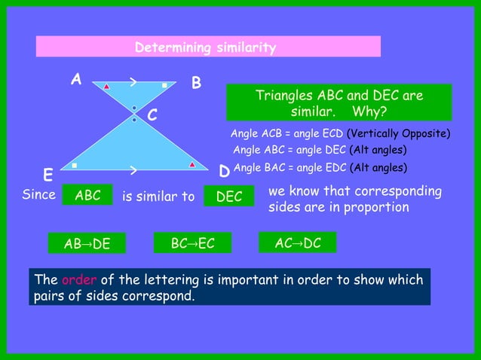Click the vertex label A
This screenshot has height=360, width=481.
pos(76,79)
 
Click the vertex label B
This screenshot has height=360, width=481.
pos(196,84)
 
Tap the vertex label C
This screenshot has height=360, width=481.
pos(152,116)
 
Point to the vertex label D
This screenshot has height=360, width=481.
pos(224,173)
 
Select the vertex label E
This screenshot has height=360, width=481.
pos(47,176)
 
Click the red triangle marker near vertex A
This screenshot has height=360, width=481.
pos(107,87)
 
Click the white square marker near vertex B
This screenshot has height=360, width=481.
pos(164,86)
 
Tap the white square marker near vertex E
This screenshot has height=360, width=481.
pos(74,164)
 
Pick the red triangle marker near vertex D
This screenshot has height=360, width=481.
pos(193,163)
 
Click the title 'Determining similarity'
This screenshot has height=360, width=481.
pos(205,48)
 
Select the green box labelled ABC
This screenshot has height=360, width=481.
pos(87,196)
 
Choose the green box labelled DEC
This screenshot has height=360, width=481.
pos(229,196)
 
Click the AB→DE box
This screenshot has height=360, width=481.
pos(87,243)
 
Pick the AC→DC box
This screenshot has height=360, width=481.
pos(298,243)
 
